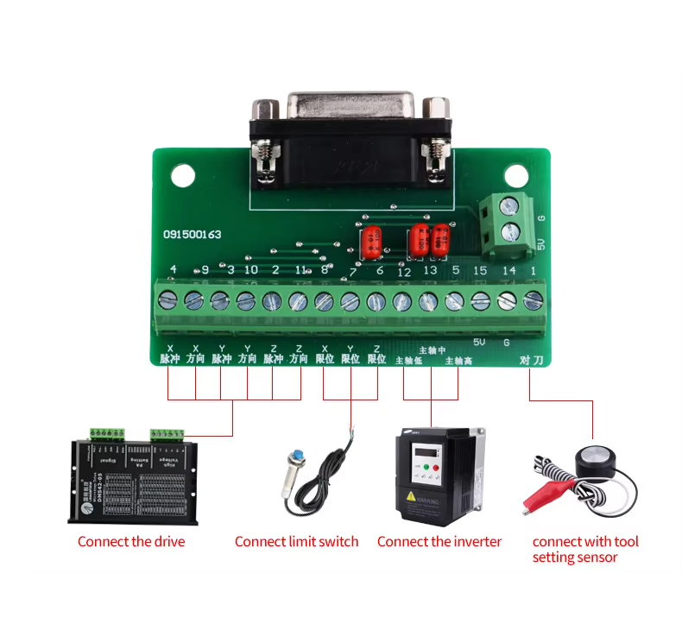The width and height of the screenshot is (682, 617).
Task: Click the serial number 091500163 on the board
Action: (x=193, y=234)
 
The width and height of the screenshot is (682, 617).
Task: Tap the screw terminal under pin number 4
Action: (x=169, y=299)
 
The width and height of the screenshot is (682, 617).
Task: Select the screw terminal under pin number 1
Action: (x=534, y=299)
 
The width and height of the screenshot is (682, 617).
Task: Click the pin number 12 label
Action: (x=404, y=272)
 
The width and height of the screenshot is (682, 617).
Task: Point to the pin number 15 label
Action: (x=480, y=272)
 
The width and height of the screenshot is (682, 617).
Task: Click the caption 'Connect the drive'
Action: (x=131, y=541)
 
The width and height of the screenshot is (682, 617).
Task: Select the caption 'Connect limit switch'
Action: (x=296, y=541)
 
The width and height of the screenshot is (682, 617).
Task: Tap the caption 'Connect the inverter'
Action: (x=439, y=541)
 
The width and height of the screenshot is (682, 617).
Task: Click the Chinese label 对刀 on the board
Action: (x=533, y=359)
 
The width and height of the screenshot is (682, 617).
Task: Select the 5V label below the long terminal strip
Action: (x=479, y=343)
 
